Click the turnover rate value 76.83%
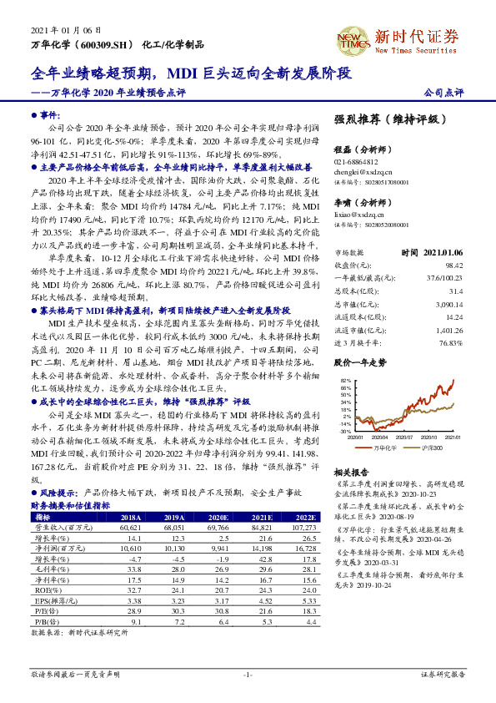point(450,342)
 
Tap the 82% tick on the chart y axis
point(344,380)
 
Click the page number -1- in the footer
point(248,673)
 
